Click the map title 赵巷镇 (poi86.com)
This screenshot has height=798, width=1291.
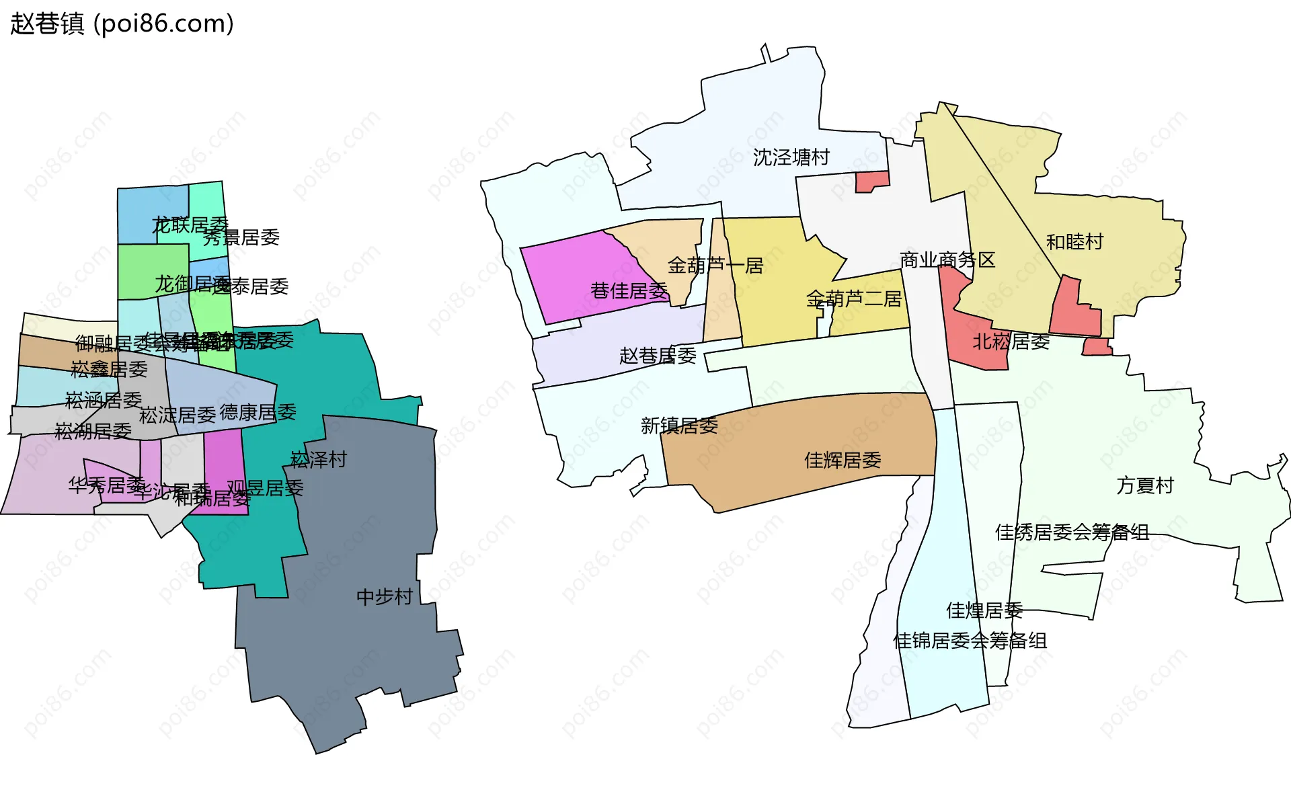(122, 24)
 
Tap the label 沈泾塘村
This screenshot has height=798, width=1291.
(791, 157)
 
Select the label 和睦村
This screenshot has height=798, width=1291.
(1074, 241)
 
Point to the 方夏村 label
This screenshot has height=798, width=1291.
(1144, 485)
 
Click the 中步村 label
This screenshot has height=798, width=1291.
(384, 596)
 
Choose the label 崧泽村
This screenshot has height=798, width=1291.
(318, 459)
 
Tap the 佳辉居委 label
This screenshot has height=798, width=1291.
(842, 461)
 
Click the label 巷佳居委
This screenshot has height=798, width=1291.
(629, 290)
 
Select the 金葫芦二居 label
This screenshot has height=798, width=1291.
(853, 298)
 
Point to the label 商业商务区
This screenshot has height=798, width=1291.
(947, 260)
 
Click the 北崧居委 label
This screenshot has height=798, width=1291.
(1011, 342)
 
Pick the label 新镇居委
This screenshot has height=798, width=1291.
(678, 426)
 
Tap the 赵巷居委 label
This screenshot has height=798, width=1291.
(657, 356)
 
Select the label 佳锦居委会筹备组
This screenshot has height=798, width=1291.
(969, 641)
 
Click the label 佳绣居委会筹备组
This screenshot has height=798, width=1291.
(1072, 532)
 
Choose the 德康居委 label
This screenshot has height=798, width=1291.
(258, 412)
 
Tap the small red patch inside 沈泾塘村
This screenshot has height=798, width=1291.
(871, 181)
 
